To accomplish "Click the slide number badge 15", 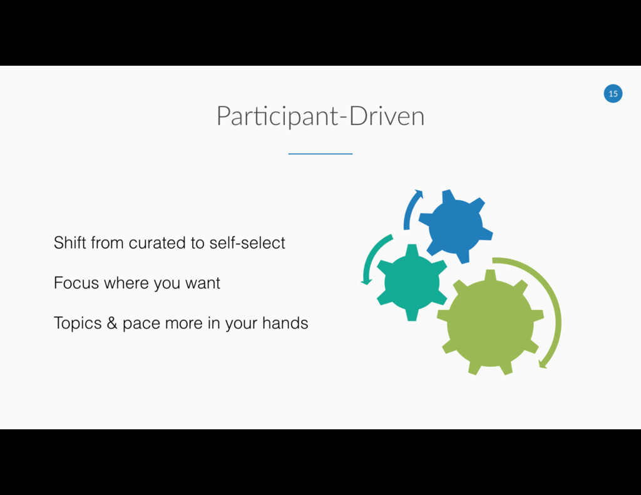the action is click(613, 94).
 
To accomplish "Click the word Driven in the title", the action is click(387, 116).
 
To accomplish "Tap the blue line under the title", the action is click(320, 153).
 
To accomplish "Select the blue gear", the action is click(456, 226).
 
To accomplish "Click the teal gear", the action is click(411, 282).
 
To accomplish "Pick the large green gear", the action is click(490, 323).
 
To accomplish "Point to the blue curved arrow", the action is click(411, 208).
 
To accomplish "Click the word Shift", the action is click(70, 242).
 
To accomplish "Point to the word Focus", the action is click(76, 283).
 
